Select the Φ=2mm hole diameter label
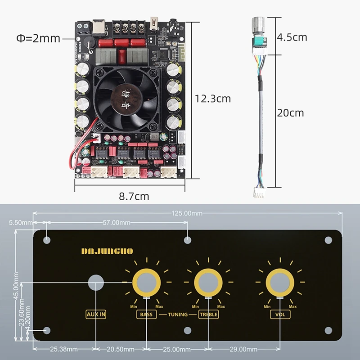pyautogui.click(x=38, y=38)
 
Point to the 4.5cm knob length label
pyautogui.click(x=292, y=37)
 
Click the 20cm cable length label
pyautogui.click(x=290, y=112)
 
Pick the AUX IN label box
pyautogui.click(x=96, y=315)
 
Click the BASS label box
pyautogui.click(x=146, y=315)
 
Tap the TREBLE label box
pyautogui.click(x=208, y=315)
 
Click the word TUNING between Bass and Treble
pyautogui.click(x=177, y=315)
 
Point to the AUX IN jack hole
pyautogui.click(x=96, y=283)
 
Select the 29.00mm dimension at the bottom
pyautogui.click(x=243, y=349)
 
